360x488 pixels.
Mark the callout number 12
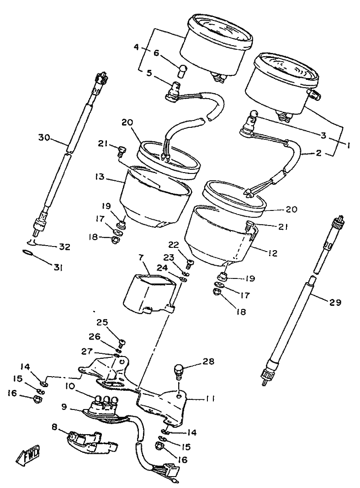pos(273,252)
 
